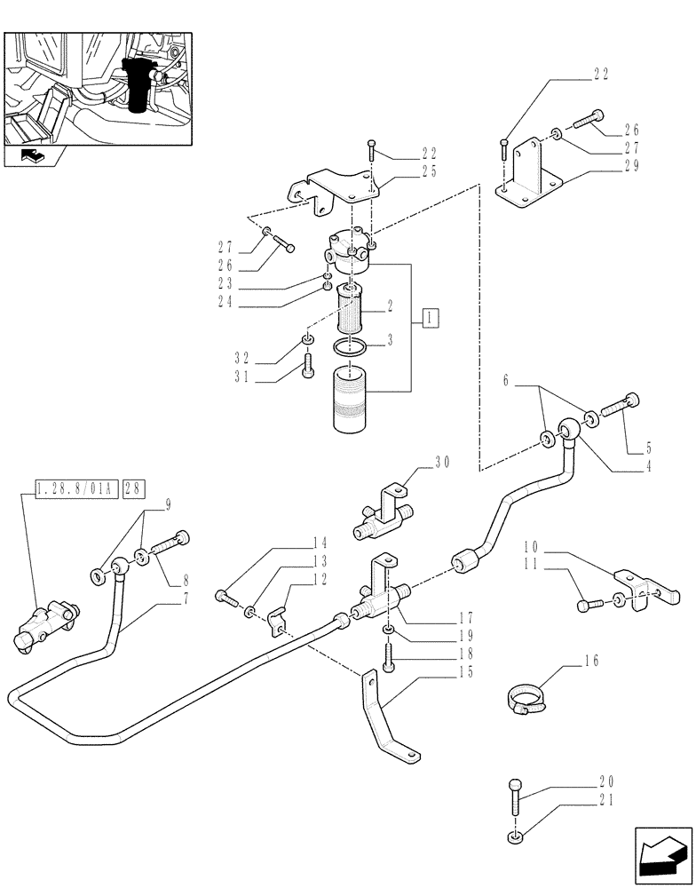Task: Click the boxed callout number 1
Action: (430, 317)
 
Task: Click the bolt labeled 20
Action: (516, 799)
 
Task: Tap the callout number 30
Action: (443, 461)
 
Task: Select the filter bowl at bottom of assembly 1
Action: (352, 400)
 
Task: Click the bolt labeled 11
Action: (589, 605)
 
